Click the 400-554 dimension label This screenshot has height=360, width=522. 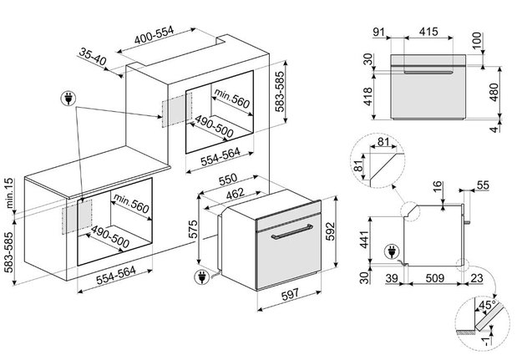pyautogui.click(x=155, y=35)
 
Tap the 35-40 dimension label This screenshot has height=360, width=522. pyautogui.click(x=93, y=56)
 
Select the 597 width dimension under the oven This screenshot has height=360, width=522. pyautogui.click(x=291, y=295)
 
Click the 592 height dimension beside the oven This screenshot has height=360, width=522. pyautogui.click(x=330, y=231)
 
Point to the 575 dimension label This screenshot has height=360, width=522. pyautogui.click(x=193, y=229)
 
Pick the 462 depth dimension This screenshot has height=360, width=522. pyautogui.click(x=236, y=194)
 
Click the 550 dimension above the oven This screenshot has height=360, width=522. pyautogui.click(x=228, y=180)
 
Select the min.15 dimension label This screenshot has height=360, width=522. pyautogui.click(x=9, y=193)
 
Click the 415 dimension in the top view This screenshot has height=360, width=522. pyautogui.click(x=428, y=32)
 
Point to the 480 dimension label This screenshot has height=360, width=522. pyautogui.click(x=494, y=92)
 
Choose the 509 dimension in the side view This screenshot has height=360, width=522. pyautogui.click(x=435, y=278)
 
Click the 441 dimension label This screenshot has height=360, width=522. pyautogui.click(x=365, y=240)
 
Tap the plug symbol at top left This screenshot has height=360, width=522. pyautogui.click(x=68, y=99)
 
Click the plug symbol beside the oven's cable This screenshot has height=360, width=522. pyautogui.click(x=202, y=277)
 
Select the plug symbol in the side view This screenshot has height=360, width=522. pyautogui.click(x=392, y=251)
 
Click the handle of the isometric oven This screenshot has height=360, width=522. pyautogui.click(x=292, y=231)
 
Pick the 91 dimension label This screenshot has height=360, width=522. pyautogui.click(x=378, y=32)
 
